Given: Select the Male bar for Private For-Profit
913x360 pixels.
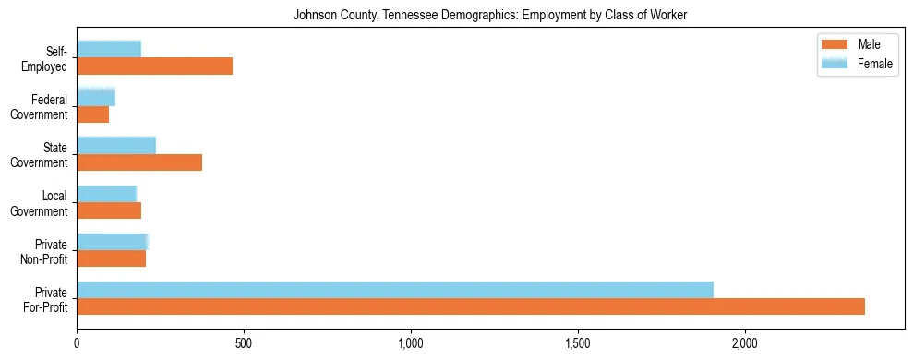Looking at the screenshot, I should pos(471,306).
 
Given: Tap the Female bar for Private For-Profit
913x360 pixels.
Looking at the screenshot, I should pos(395,290).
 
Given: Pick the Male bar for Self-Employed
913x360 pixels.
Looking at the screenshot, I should pos(154,66).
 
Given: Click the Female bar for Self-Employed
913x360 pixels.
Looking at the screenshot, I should pos(109,49).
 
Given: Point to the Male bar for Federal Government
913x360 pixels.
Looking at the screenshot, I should pos(92,114).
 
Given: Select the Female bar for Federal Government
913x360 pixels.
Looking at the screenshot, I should pos(96,97).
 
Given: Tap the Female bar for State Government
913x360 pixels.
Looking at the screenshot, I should pos(116,145).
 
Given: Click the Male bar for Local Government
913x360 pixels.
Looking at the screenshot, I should pos(109,210).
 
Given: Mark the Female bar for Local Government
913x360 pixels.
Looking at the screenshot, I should pos(107,193).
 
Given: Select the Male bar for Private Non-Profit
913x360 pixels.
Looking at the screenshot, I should pos(111,258).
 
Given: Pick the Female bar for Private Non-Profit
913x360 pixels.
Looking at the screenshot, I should pos(113,242).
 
